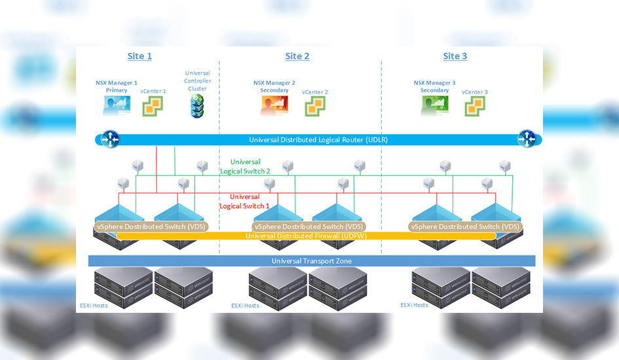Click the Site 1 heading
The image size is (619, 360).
coord(140,56)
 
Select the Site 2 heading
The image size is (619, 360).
coord(297,56)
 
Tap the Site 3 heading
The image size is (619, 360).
coord(455,56)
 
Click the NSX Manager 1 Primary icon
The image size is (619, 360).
coord(117,105)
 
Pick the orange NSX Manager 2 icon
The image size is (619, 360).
coord(274,105)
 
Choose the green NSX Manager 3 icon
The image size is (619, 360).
coord(435,105)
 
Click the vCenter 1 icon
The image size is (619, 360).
coord(153,106)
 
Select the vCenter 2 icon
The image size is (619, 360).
coord(315,107)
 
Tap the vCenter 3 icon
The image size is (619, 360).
coord(475,106)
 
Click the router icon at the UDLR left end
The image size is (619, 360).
coord(109,139)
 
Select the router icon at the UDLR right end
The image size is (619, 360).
coord(527,139)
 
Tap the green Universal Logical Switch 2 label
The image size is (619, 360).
coord(245,166)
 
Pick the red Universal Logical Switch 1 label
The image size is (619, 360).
coord(244,201)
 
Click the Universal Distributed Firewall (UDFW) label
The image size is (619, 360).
coord(305,236)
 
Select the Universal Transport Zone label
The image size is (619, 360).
coord(312,261)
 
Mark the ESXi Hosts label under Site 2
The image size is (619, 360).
coord(245,306)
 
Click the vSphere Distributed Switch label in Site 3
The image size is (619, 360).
coord(466,226)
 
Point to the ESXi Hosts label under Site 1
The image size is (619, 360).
coord(94,306)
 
